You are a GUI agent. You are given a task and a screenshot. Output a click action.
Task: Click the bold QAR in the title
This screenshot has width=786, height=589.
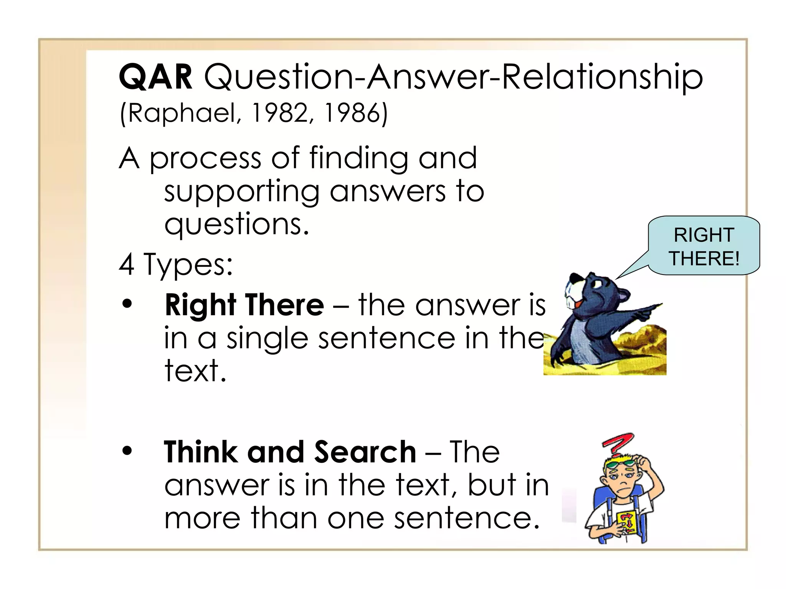pos(155,77)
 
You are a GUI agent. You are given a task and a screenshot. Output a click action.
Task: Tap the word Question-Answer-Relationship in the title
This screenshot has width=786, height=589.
pos(453,77)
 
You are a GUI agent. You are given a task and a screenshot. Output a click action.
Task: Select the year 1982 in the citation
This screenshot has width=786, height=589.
pos(280,114)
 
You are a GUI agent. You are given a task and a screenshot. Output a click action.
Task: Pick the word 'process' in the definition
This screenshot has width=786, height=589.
pos(205,159)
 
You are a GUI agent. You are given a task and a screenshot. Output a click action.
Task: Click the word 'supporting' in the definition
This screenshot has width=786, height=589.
pos(242,192)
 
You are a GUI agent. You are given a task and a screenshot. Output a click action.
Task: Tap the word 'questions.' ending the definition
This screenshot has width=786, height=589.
pos(236,225)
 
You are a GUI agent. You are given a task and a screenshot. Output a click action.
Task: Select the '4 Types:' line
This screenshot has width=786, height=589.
pos(176,265)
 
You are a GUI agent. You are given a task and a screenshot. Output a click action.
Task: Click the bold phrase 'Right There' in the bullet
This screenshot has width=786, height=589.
pos(244,305)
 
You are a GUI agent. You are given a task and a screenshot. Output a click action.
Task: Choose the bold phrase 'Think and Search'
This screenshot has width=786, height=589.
pos(290,452)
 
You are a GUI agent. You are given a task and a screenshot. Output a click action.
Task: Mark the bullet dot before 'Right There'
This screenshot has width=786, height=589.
pos(127,304)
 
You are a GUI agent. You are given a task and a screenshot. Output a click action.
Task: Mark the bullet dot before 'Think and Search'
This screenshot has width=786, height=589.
pos(127,451)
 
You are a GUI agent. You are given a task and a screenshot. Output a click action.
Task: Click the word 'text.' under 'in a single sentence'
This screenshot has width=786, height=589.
pos(195,371)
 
